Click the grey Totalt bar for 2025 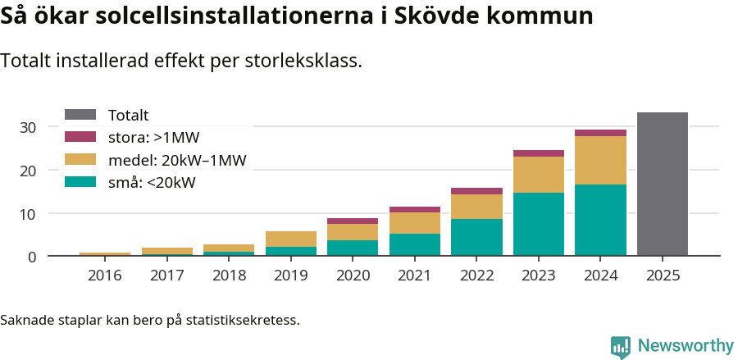(x=662, y=185)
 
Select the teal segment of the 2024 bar (x=600, y=221)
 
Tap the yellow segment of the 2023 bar (x=539, y=175)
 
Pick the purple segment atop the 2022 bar (x=476, y=191)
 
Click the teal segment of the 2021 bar (x=415, y=245)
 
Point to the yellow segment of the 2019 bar (x=291, y=239)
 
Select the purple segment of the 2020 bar (x=353, y=221)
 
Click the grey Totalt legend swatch (x=80, y=116)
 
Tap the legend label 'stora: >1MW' (x=153, y=138)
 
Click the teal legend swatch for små (x=80, y=182)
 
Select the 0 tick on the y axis (x=32, y=257)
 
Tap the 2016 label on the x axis (x=104, y=276)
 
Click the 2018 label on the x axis (x=229, y=276)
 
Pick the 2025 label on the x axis (x=663, y=276)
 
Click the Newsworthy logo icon (x=620, y=346)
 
